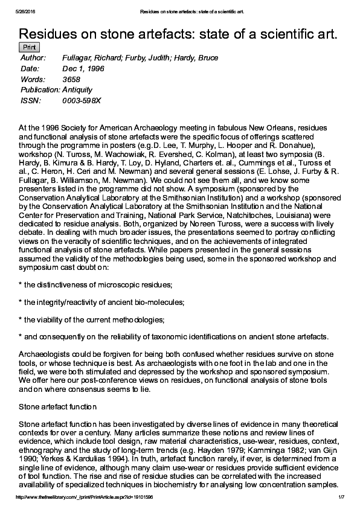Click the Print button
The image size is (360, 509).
(x=30, y=47)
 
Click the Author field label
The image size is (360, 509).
(x=33, y=58)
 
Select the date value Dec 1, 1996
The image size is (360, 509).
(x=83, y=69)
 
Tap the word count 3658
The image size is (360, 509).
(x=71, y=79)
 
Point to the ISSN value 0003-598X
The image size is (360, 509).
(x=82, y=100)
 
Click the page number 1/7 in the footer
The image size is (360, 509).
(x=340, y=497)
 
